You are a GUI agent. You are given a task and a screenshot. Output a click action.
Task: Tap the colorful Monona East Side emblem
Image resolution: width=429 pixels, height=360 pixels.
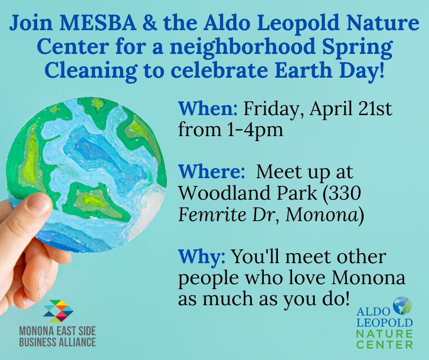click(58, 311)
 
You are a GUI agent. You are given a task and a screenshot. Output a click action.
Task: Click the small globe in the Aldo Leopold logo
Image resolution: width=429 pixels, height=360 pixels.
click(402, 307)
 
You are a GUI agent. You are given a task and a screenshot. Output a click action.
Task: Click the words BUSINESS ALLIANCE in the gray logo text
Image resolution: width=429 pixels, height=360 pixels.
click(58, 342)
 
